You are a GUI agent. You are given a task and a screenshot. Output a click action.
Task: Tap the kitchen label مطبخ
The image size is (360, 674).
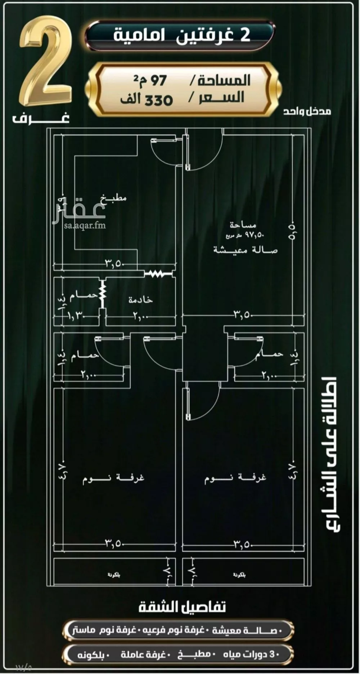pos(114,198)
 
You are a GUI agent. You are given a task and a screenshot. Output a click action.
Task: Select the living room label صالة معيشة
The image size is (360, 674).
pos(246,250)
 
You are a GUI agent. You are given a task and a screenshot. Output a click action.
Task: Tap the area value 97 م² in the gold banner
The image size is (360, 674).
pos(150,80)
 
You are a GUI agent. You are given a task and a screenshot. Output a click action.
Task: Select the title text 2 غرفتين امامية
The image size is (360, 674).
pos(181,36)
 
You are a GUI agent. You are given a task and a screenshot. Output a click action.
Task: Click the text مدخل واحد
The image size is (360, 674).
pos(307,111)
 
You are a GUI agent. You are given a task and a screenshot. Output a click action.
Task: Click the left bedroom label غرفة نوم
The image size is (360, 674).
pos(113,478)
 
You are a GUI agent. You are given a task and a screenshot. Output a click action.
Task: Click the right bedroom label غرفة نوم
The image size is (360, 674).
pos(236,478)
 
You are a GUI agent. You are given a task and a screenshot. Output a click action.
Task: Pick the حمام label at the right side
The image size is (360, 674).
pos(269,354)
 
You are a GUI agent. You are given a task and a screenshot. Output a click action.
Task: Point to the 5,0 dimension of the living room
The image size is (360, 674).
pos(292,231)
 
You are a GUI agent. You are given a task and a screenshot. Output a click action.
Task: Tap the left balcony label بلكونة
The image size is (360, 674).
pos(114,575)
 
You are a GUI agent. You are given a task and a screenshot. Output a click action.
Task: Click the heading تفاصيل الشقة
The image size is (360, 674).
pos(182,607)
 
